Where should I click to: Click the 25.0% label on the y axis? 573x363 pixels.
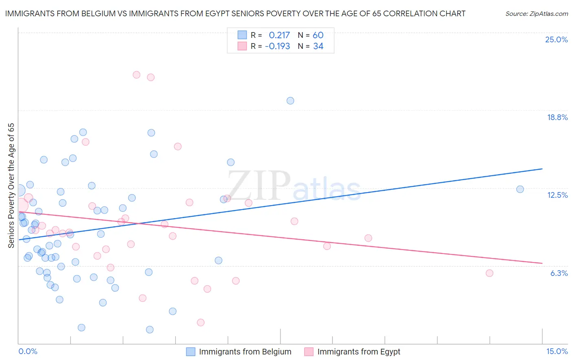(556, 39)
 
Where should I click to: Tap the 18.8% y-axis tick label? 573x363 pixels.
(557, 117)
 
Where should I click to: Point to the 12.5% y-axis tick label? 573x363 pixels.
(557, 195)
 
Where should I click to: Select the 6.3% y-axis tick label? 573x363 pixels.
(559, 273)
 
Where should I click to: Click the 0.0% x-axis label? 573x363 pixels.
(28, 351)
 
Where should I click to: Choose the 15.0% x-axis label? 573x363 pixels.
(557, 351)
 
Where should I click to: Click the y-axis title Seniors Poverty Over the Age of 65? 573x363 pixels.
(11, 185)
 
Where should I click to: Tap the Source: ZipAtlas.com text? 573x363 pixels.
(536, 14)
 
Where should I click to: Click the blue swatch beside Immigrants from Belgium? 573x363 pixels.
(191, 352)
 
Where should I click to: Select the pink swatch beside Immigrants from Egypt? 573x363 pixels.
(309, 352)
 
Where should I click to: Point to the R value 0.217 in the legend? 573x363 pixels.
(279, 35)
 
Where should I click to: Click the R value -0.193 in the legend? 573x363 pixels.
(277, 46)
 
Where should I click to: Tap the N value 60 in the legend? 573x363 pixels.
(318, 35)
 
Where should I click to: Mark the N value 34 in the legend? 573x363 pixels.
(318, 46)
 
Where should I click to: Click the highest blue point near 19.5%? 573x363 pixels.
(290, 101)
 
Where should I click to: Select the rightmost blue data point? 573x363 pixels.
(520, 189)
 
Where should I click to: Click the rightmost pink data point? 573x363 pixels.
(489, 273)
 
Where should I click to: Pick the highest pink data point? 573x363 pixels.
(137, 74)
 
